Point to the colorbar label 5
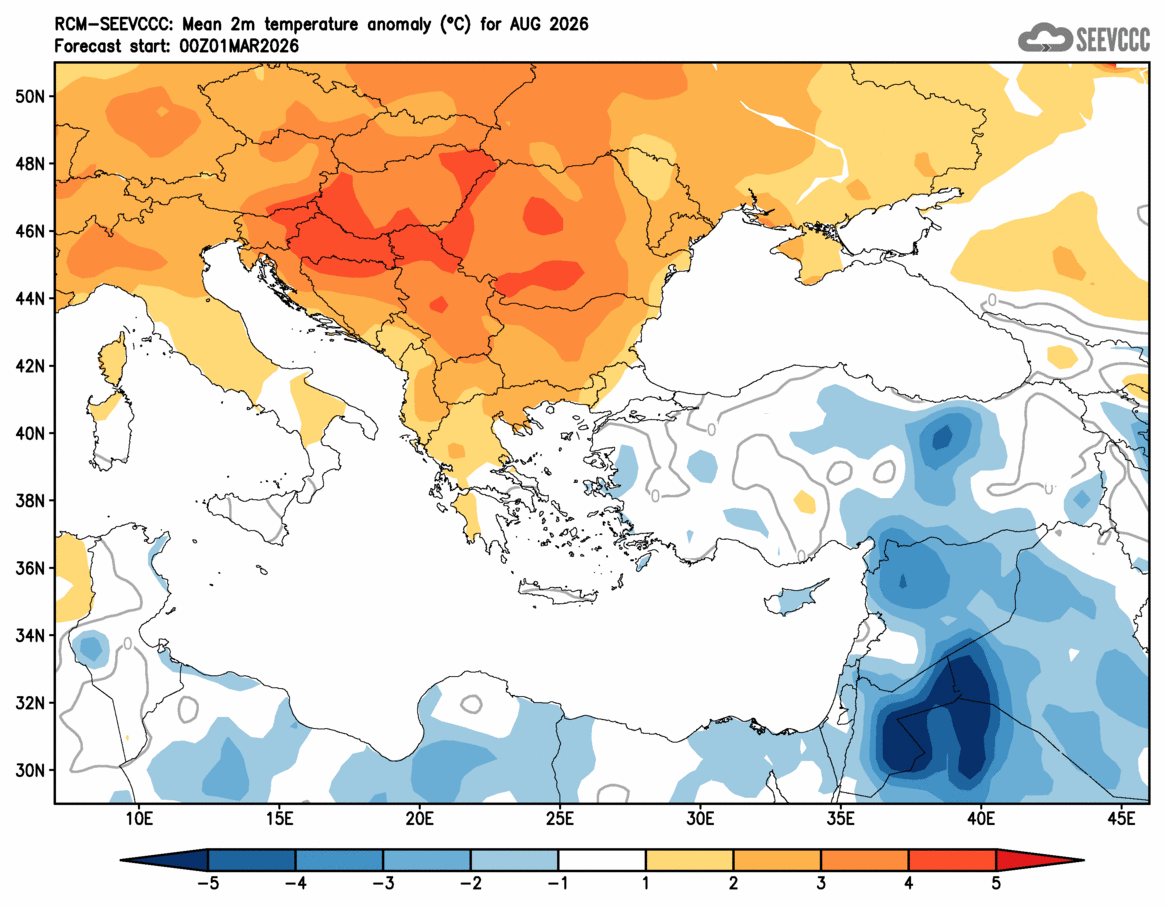coord(996,885)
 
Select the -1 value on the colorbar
coord(558,885)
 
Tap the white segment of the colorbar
coord(602,860)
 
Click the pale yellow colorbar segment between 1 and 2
coord(690,860)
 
